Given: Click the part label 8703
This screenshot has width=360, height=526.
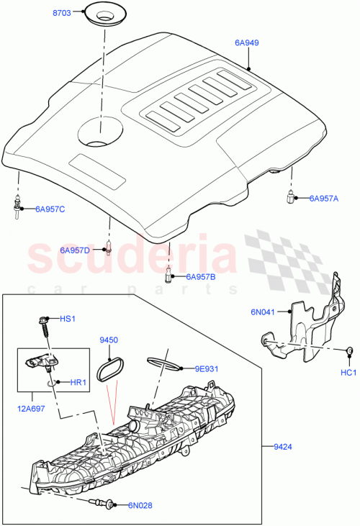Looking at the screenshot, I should [63, 14].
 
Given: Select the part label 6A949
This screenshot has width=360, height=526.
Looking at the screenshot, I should [246, 43].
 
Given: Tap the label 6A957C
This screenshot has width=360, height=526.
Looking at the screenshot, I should [50, 209].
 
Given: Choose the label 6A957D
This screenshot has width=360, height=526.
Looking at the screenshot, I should [75, 250].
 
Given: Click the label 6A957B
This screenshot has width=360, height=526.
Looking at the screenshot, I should [201, 276].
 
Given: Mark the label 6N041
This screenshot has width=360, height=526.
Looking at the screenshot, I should [263, 312].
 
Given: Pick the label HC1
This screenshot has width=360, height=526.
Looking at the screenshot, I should [348, 373].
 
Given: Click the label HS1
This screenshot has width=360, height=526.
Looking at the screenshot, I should [67, 318].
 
